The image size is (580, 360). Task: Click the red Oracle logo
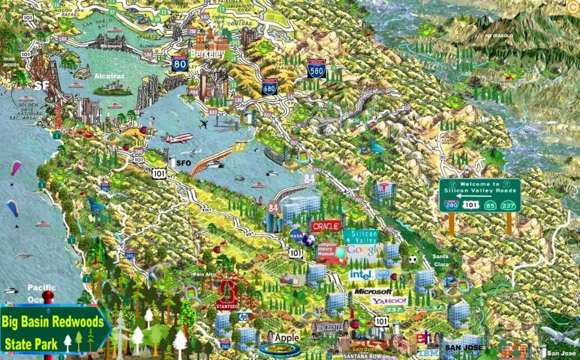click(326, 226)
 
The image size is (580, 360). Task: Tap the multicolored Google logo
click(364, 250)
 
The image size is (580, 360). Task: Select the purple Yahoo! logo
click(389, 301)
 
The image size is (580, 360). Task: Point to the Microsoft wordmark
click(373, 292)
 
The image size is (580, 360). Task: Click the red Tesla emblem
click(385, 187)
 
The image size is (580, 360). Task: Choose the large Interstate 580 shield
click(316, 69)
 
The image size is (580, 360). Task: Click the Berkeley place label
click(207, 54)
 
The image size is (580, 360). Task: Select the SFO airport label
click(184, 163)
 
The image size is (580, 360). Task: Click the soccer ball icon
click(413, 260)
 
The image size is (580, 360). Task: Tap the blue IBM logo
click(428, 353)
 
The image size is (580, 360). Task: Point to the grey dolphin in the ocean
click(24, 256)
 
